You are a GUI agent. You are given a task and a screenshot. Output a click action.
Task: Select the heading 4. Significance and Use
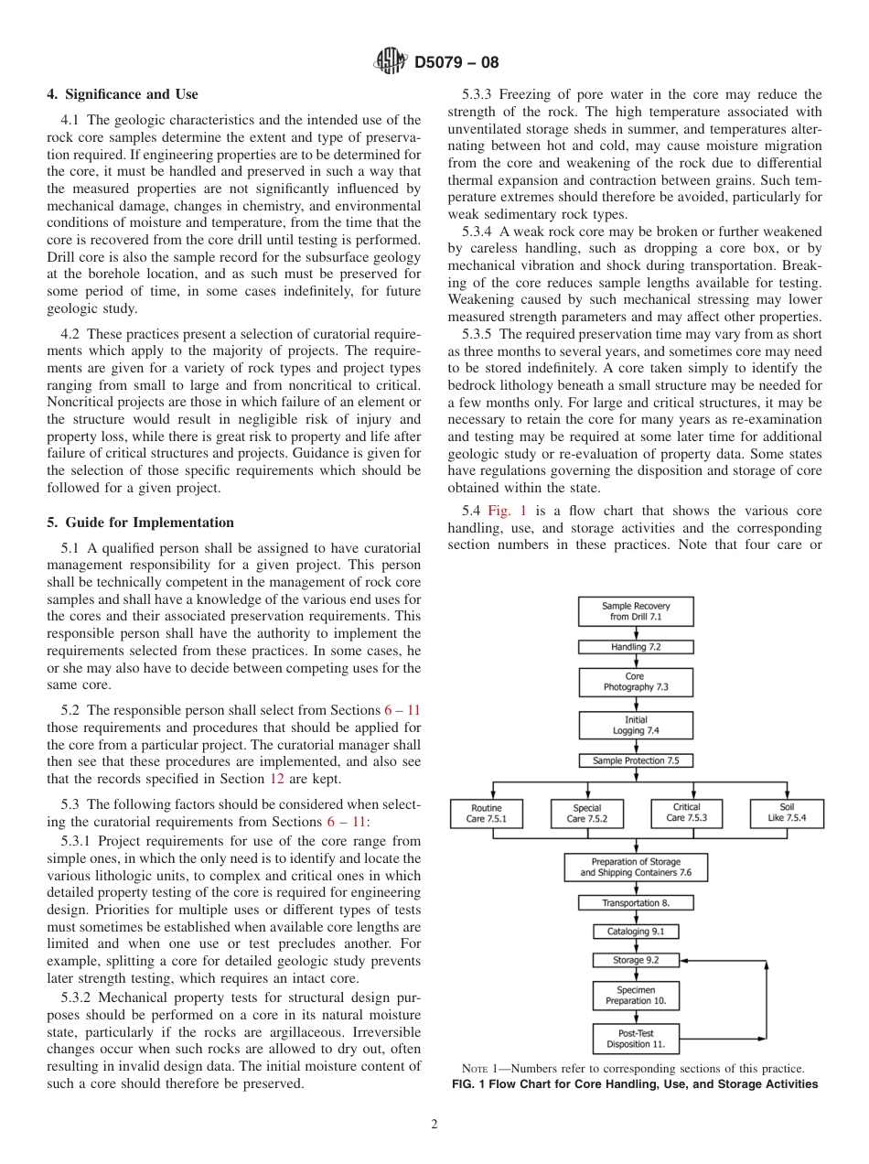click(122, 94)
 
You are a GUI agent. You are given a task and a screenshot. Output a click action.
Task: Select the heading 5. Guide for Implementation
click(140, 523)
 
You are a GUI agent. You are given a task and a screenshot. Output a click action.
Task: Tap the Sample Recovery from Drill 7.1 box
click(636, 611)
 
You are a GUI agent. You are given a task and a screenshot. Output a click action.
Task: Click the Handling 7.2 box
click(636, 647)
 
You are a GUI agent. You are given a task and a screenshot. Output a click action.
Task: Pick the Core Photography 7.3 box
click(636, 683)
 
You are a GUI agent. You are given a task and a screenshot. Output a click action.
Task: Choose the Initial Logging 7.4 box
click(636, 725)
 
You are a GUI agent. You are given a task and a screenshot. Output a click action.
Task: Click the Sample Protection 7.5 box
click(636, 760)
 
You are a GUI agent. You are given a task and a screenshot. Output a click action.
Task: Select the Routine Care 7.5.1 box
click(487, 814)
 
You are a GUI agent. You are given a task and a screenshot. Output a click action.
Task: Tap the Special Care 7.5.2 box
click(586, 814)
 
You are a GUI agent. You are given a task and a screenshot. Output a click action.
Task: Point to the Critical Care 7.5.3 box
click(686, 814)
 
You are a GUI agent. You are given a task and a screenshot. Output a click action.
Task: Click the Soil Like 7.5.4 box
click(787, 814)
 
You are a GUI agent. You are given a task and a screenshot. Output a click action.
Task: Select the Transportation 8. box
click(636, 903)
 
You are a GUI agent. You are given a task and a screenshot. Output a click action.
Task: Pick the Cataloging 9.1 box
click(636, 932)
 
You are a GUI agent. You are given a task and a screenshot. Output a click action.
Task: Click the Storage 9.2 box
click(636, 961)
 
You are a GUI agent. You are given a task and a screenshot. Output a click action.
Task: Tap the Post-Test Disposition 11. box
click(636, 1039)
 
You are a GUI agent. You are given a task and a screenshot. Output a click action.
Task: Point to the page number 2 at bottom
click(434, 1125)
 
